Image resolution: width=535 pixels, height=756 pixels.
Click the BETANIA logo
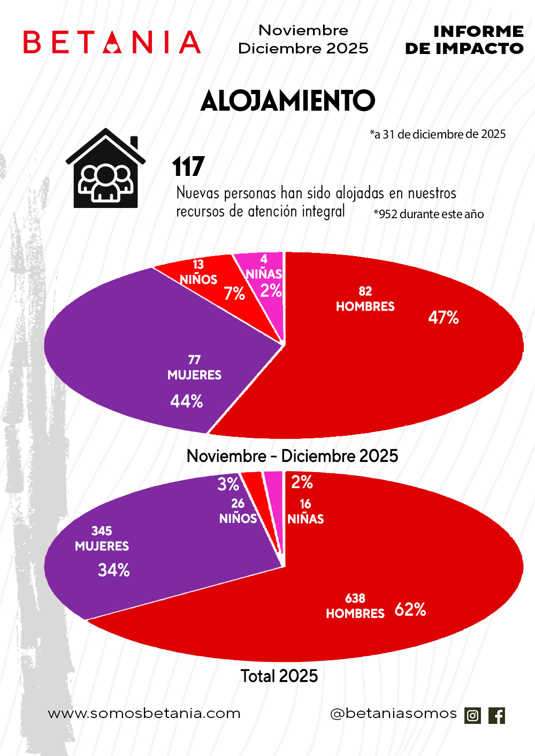112,42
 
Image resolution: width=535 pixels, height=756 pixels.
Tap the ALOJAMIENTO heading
288,101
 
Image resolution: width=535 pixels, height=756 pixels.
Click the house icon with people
106,169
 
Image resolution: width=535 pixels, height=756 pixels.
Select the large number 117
188,167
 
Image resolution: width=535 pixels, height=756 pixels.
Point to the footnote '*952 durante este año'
429,214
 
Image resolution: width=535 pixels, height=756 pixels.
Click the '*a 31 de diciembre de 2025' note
438,134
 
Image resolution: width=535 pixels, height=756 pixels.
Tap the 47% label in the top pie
444,318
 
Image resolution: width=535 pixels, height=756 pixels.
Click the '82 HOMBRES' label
365,299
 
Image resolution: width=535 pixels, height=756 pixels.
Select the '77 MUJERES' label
194,368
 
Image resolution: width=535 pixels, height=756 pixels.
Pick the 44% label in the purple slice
187,401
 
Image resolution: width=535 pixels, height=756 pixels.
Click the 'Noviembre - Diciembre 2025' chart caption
292,456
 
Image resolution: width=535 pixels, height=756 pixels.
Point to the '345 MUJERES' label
102,539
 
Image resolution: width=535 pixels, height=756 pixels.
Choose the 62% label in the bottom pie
410,610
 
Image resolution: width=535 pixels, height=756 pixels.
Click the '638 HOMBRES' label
355,606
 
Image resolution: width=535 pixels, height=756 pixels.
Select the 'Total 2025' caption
279,676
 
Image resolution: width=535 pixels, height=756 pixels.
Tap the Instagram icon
473,715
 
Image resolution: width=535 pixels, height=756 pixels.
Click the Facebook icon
496,715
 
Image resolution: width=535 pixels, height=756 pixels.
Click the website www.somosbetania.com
144,713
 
